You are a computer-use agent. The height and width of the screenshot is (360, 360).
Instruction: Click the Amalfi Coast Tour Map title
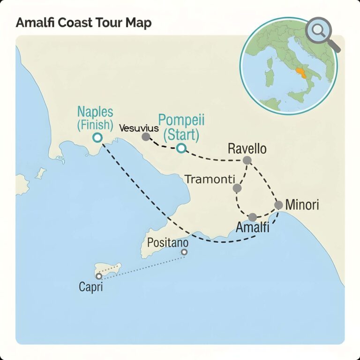pos(83,23)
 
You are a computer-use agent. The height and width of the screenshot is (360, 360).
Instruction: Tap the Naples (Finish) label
pos(96,118)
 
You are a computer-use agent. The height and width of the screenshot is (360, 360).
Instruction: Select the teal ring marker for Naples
pos(97,137)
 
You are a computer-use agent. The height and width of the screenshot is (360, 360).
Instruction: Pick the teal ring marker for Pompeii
pos(181,149)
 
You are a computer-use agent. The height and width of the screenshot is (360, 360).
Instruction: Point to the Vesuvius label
pos(139,127)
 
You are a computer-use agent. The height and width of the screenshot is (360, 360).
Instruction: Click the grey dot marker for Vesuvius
pos(146,137)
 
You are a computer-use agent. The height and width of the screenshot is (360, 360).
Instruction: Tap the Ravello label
pos(247,149)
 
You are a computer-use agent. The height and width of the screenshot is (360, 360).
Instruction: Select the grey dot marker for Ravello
pos(247,161)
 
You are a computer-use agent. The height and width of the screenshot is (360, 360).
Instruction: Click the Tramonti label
pos(207,179)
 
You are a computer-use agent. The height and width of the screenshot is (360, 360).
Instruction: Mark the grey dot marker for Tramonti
pos(237,188)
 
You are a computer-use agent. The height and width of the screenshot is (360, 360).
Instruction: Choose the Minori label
pos(302,205)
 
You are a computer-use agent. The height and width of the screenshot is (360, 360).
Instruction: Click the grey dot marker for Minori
pos(278,205)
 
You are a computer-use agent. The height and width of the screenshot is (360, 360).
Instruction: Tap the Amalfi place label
pos(252,228)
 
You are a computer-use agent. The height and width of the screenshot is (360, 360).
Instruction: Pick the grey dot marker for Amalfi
pos(253,217)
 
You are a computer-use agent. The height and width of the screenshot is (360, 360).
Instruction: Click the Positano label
pos(168,243)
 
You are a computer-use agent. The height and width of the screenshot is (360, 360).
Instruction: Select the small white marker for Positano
pos(184,252)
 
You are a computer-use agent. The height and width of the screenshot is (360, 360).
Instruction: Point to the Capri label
pos(90,286)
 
